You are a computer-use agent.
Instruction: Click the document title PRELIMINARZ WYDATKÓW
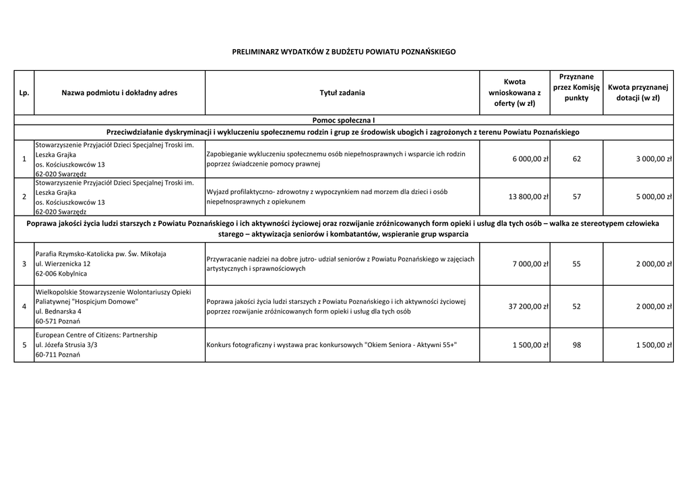(x=344, y=52)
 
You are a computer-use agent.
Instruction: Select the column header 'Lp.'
(x=24, y=93)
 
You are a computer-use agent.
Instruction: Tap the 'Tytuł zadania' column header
(x=342, y=93)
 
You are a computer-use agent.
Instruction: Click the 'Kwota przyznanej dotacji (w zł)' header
(x=637, y=92)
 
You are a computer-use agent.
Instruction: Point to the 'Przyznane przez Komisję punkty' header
(x=576, y=88)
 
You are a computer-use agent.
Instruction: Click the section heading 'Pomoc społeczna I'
(x=344, y=120)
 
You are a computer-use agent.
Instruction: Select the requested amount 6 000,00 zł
(x=530, y=159)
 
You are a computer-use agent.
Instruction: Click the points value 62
(x=576, y=159)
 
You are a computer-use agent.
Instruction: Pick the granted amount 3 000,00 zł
(x=654, y=159)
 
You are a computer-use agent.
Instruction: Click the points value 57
(x=576, y=197)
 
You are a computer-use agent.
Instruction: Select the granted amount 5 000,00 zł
(x=654, y=197)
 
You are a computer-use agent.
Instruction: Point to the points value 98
(x=576, y=345)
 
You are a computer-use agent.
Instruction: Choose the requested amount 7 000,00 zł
(x=530, y=264)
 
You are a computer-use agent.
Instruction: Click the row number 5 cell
(x=24, y=345)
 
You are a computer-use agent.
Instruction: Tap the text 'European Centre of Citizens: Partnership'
(x=96, y=335)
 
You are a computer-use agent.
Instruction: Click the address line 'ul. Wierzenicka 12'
(x=63, y=264)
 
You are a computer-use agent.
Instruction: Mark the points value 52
(x=576, y=307)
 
